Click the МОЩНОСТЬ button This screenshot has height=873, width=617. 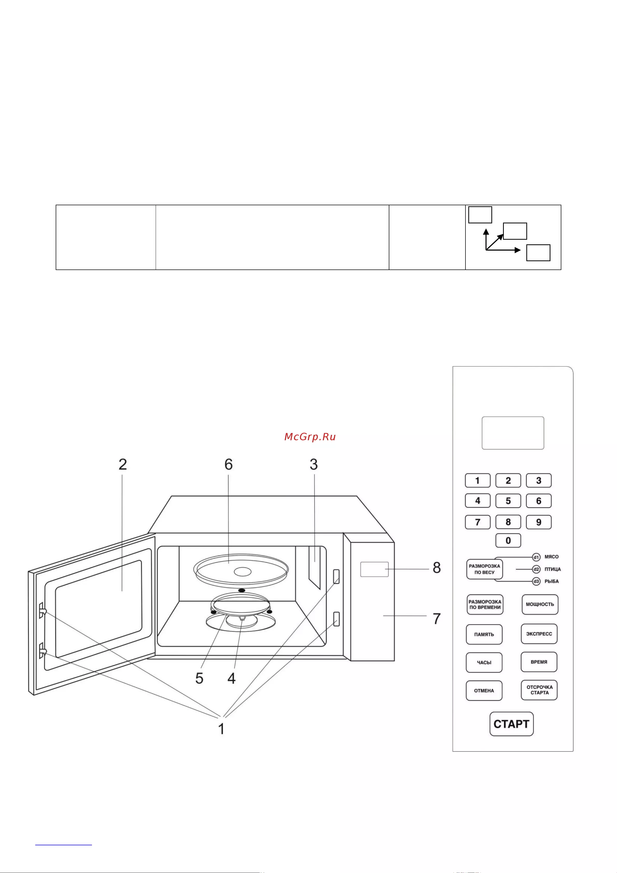click(540, 604)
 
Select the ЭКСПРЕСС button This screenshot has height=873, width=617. click(539, 634)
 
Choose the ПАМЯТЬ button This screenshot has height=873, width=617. click(484, 634)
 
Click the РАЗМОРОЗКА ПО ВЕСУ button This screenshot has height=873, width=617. click(484, 569)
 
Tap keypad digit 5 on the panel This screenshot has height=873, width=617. click(508, 501)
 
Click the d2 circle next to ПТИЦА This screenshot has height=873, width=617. click(536, 569)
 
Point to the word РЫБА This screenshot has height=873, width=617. click(552, 581)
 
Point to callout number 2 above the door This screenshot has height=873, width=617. click(123, 464)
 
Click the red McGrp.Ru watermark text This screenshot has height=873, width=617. click(310, 437)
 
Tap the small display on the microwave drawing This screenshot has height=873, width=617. click(374, 569)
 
